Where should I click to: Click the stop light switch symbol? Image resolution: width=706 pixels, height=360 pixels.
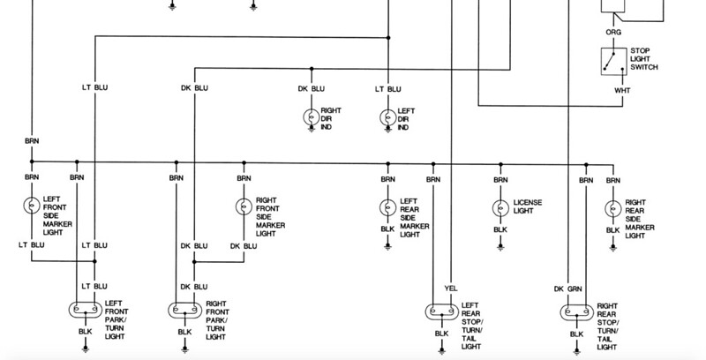click(613, 61)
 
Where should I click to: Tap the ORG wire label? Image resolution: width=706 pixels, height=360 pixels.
click(613, 33)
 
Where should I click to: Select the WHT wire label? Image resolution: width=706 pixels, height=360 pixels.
click(622, 91)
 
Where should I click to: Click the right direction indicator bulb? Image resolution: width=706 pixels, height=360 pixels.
click(312, 117)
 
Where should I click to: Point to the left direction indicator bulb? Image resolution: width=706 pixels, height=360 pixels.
click(388, 117)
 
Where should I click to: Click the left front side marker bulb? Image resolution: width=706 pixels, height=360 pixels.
click(32, 206)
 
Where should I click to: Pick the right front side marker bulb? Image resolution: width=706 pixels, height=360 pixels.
click(244, 206)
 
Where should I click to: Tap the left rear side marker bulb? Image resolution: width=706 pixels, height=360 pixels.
click(388, 207)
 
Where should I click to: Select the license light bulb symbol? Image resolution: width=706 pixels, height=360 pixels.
click(500, 208)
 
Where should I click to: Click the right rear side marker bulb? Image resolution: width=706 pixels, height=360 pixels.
click(612, 209)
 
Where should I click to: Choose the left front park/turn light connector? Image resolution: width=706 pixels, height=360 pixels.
click(86, 310)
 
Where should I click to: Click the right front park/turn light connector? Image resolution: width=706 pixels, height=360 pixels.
click(185, 310)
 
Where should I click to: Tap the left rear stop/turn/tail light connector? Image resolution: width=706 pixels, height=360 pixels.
click(442, 311)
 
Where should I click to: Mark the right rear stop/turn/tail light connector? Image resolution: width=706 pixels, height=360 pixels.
click(577, 312)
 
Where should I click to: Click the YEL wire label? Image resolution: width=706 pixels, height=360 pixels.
click(451, 289)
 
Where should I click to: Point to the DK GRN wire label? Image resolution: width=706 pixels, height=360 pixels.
click(567, 289)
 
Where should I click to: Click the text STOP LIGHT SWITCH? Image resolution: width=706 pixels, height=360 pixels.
click(644, 59)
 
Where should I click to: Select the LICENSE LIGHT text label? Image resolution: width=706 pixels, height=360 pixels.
click(528, 206)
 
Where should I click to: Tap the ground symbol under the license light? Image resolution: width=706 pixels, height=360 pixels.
click(500, 246)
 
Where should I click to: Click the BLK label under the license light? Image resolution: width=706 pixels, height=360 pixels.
click(500, 230)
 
